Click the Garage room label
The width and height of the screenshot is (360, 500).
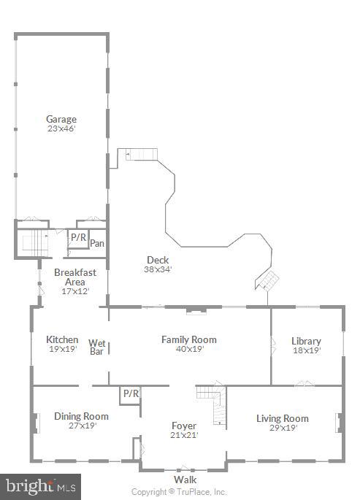[61, 119]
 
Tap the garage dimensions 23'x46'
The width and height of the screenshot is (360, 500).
[61, 128]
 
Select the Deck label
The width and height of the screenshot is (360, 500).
[158, 260]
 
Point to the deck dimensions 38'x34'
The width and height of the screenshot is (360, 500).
[158, 269]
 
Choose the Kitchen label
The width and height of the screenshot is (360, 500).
[62, 339]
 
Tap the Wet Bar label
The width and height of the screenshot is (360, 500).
[97, 347]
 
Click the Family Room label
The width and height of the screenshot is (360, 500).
[189, 339]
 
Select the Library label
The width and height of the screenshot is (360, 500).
[306, 341]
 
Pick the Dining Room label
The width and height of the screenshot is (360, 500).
[81, 416]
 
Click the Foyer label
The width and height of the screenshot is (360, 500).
[184, 426]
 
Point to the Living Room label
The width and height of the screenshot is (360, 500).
[282, 418]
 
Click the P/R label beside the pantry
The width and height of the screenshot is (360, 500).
[78, 237]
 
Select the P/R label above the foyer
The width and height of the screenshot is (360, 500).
[131, 393]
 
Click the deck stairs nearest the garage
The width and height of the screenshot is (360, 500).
[139, 153]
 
